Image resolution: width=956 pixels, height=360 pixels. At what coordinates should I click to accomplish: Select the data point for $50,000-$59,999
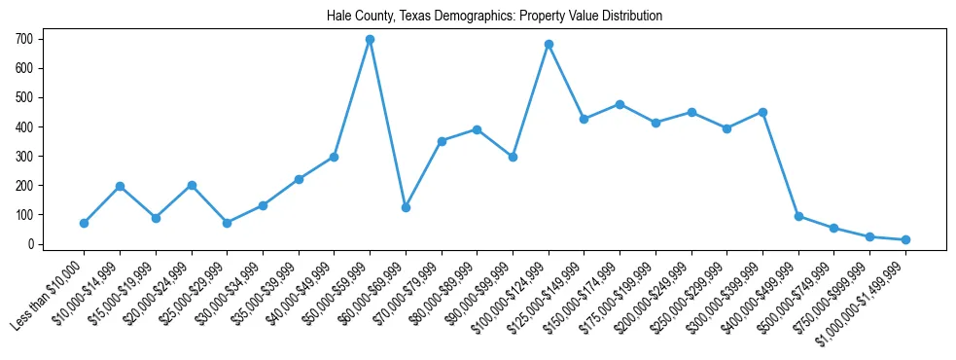click(x=370, y=40)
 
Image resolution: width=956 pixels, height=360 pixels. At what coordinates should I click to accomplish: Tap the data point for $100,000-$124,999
click(x=549, y=44)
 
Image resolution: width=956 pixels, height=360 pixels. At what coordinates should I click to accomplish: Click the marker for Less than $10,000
click(x=84, y=223)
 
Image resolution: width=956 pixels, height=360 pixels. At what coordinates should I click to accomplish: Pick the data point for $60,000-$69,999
click(x=406, y=207)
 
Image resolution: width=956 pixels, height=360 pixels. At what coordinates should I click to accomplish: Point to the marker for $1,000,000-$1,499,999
click(x=905, y=239)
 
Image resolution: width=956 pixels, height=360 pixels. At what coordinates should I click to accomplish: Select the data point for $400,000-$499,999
click(x=798, y=216)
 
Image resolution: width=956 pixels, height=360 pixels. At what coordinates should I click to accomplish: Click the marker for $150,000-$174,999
click(x=620, y=104)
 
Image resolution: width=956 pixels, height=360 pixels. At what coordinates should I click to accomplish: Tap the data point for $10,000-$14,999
click(x=120, y=186)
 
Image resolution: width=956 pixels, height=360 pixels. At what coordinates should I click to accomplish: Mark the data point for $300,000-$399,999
click(x=762, y=112)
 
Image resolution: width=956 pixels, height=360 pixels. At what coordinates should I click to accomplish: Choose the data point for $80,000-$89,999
click(x=477, y=129)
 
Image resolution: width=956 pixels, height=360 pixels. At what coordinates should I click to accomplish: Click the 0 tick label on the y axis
click(x=32, y=244)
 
